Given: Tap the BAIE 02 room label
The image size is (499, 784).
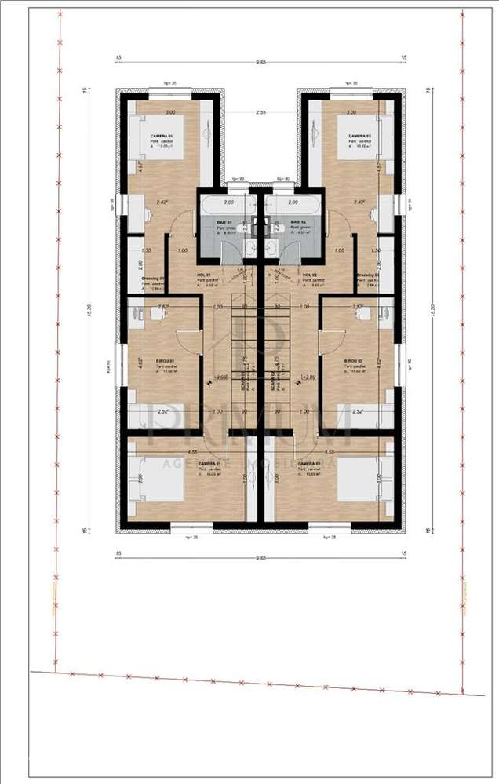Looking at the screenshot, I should [x=300, y=223].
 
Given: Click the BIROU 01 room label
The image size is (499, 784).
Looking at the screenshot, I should [x=166, y=362].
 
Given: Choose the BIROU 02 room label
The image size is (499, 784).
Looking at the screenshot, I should [x=354, y=362].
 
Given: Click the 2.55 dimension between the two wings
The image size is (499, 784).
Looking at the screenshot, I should [x=260, y=113].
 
